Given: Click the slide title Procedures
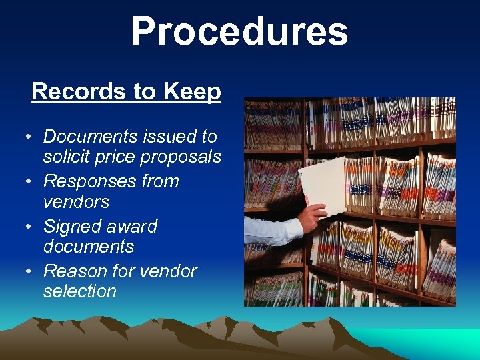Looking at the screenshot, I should [x=239, y=32].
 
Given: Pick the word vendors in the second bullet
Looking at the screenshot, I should [x=76, y=201].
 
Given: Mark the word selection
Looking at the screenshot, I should [x=79, y=291].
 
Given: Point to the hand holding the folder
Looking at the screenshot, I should [x=312, y=216].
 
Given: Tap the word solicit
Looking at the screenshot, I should [x=64, y=157].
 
